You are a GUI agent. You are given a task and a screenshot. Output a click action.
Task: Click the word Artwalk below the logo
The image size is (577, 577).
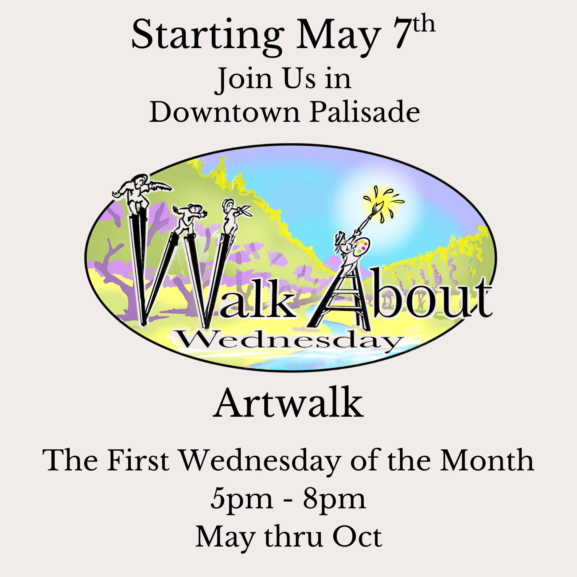(x=288, y=403)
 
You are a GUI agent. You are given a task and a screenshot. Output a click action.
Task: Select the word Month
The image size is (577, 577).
(x=487, y=460)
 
